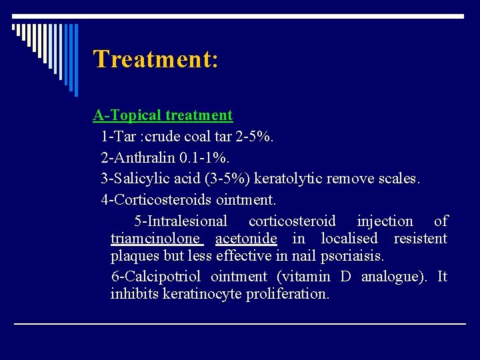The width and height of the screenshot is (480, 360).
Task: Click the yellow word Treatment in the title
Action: [152, 59]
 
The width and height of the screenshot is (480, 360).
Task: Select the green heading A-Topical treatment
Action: [163, 115]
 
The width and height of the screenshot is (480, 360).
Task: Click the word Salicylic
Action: [140, 179]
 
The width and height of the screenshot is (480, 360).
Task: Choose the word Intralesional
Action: [181, 221]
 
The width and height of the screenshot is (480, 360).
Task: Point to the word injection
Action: [385, 221]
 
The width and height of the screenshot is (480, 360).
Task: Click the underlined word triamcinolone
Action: [155, 239]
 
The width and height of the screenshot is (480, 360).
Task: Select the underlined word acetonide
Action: [246, 239]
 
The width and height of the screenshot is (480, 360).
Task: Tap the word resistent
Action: [420, 239]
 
